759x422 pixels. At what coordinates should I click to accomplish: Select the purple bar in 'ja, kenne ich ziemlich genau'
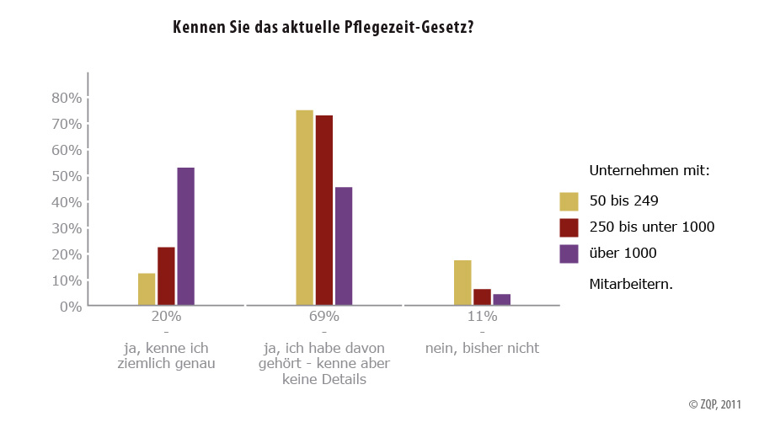click(185, 237)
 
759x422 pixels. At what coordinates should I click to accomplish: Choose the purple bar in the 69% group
click(344, 247)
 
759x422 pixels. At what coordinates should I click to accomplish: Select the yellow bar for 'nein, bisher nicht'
click(462, 283)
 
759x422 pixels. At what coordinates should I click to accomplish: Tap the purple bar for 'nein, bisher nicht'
click(502, 300)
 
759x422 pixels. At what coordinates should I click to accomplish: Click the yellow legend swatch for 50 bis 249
click(569, 201)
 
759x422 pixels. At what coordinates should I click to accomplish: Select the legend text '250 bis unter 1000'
click(651, 227)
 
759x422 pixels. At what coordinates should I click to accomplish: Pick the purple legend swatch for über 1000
click(569, 253)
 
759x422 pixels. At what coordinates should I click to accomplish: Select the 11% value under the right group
click(482, 317)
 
